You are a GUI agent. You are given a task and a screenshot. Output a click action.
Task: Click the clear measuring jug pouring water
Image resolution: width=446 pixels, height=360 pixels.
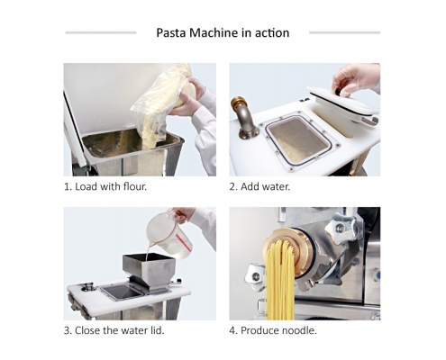pos(169,235)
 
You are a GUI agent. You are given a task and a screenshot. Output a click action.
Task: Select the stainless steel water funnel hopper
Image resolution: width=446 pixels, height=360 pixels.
pos(149,271)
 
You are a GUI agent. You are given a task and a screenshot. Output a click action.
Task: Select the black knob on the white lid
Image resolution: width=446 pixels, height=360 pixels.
pos(337,91)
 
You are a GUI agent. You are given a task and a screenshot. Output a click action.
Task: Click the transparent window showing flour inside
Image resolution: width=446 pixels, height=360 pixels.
pos(298,140)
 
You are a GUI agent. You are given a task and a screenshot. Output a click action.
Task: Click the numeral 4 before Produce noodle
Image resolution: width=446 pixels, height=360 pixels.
pos(232,330)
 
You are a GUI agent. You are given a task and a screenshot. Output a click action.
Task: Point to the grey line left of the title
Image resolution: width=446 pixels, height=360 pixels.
pos(101,32)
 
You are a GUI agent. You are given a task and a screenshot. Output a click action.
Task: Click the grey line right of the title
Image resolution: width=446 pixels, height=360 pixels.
pos(344,32)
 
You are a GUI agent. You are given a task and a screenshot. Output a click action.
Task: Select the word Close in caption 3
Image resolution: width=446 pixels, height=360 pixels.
pos(87,330)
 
